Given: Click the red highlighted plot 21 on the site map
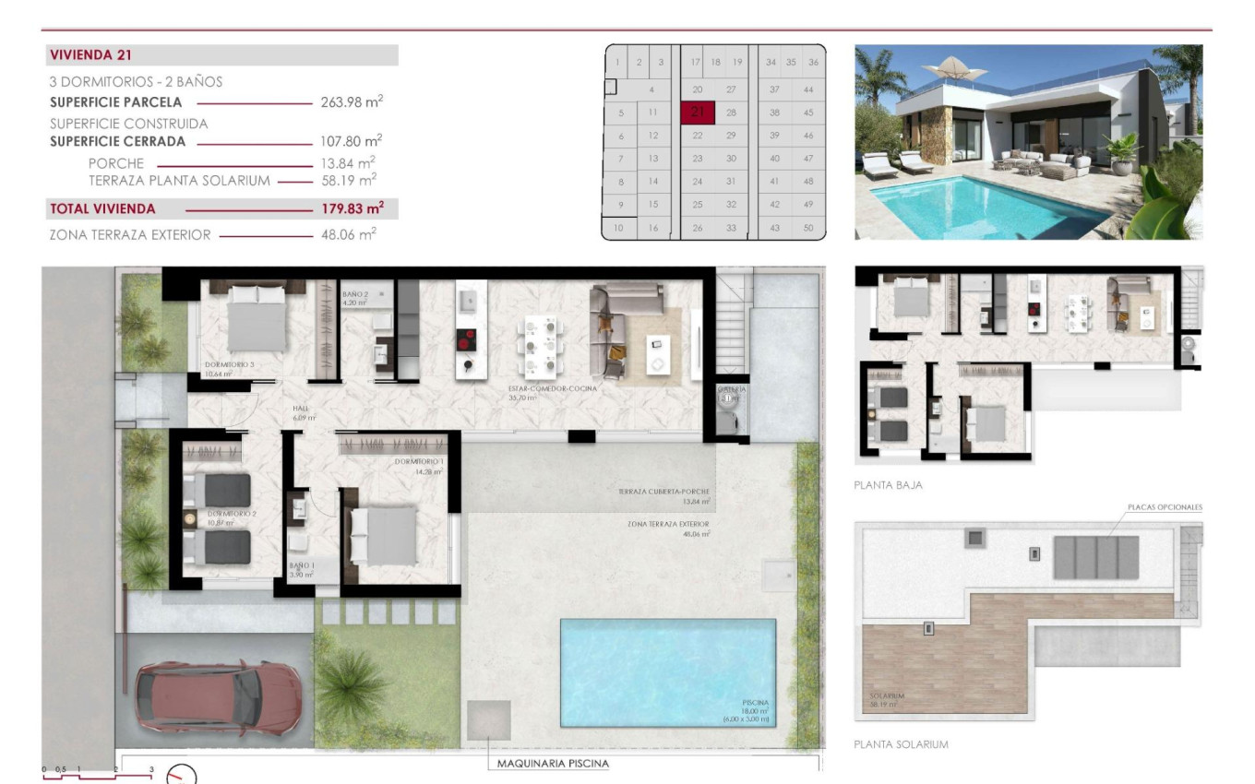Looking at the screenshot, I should pyautogui.click(x=698, y=113).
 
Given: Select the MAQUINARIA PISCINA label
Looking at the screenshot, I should pyautogui.click(x=553, y=764).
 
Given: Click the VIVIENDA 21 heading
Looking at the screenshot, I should pyautogui.click(x=90, y=55).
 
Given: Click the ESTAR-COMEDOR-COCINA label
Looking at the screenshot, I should pyautogui.click(x=552, y=389).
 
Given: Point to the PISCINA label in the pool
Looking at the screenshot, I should pyautogui.click(x=755, y=703).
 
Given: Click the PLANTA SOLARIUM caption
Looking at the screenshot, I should pyautogui.click(x=901, y=744).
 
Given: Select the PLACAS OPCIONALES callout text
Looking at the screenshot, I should pyautogui.click(x=1165, y=507).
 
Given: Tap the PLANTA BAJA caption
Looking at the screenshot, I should pyautogui.click(x=888, y=484).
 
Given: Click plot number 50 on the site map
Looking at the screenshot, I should pyautogui.click(x=808, y=228).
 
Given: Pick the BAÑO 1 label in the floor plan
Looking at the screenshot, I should pyautogui.click(x=302, y=565).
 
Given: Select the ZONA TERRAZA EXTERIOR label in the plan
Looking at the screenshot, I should pyautogui.click(x=668, y=524).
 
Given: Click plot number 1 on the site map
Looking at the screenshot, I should pyautogui.click(x=616, y=63).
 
